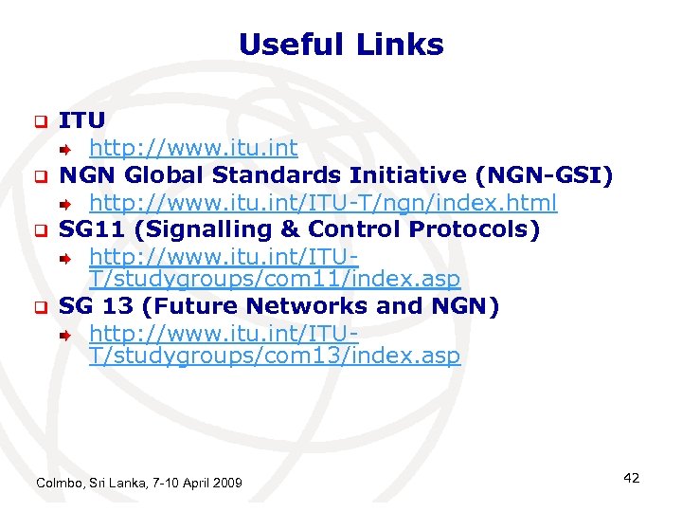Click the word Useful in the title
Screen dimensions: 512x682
(x=291, y=45)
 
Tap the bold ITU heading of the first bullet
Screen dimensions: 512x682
(x=82, y=120)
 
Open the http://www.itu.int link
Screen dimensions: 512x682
(x=193, y=148)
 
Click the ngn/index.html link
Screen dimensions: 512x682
(x=323, y=203)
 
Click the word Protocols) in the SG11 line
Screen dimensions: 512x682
(x=475, y=229)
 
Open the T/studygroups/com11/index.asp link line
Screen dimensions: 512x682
(x=275, y=280)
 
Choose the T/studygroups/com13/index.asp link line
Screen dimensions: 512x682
(x=275, y=357)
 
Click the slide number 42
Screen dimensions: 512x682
(x=631, y=478)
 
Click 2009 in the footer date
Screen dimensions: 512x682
(x=226, y=484)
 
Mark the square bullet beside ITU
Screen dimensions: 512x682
(x=41, y=122)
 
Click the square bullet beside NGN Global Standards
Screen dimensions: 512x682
(x=41, y=176)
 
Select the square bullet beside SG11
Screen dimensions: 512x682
(x=41, y=230)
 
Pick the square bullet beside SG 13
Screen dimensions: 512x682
(x=41, y=307)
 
